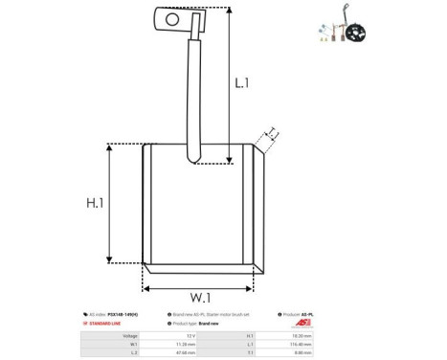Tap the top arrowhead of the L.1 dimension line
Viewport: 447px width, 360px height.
point(229,11)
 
